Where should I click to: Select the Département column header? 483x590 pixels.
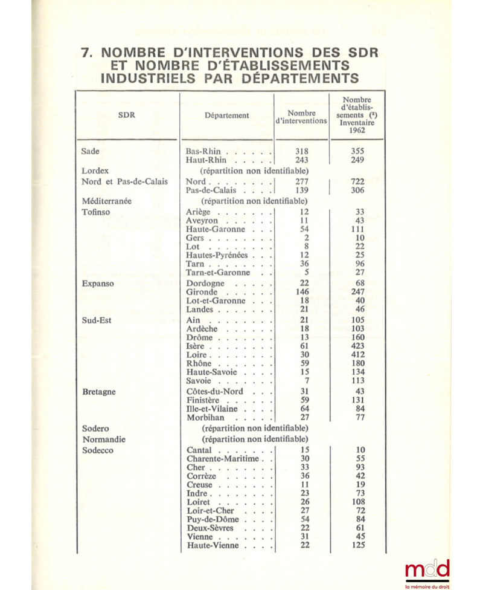pos(226,115)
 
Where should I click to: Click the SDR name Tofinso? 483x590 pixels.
pos(96,212)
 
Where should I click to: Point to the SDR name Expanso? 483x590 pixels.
pos(98,284)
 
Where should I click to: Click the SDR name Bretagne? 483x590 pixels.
pos(99,392)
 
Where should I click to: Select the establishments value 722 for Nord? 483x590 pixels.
pos(358,181)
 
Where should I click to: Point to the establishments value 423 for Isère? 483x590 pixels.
pos(358,347)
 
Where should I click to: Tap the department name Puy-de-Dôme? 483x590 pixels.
pos(213,519)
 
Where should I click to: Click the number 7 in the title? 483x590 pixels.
pos(87,52)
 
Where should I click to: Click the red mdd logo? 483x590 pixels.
pos(427,569)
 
